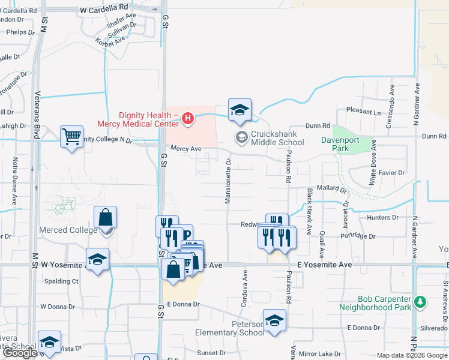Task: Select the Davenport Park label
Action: (x=352, y=144)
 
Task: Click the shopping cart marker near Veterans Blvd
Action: (x=71, y=137)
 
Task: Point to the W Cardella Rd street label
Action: (x=104, y=11)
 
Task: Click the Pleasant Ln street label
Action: (x=364, y=112)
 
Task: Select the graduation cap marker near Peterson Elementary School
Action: (x=274, y=321)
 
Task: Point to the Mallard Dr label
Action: (x=332, y=188)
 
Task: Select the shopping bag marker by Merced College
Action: (x=105, y=218)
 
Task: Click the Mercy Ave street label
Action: (x=185, y=148)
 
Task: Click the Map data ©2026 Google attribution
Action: (x=411, y=355)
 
